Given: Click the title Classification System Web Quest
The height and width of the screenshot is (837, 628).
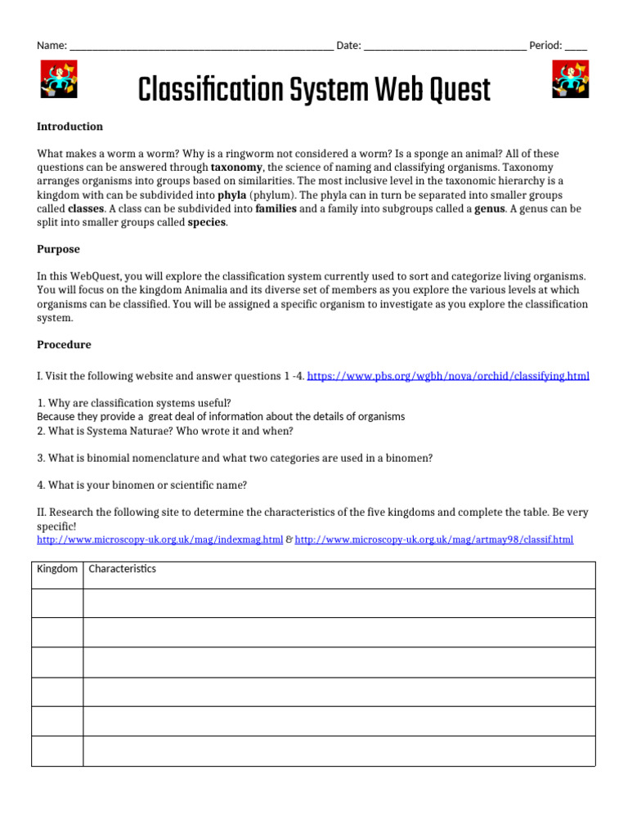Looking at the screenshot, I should [x=314, y=89].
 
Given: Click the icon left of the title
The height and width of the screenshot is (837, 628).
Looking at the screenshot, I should [x=58, y=81].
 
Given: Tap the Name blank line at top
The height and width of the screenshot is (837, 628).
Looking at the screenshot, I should [x=201, y=47].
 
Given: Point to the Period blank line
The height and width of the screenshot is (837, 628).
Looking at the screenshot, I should [x=576, y=47].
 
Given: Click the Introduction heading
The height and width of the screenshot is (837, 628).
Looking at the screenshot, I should [x=70, y=127].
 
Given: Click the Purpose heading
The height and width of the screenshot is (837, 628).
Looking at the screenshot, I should [x=58, y=249].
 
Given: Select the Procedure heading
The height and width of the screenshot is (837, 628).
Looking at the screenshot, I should [x=64, y=345].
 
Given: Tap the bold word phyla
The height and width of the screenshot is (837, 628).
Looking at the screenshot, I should [x=231, y=195].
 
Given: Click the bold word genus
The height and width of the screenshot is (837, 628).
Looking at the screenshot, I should [x=489, y=209].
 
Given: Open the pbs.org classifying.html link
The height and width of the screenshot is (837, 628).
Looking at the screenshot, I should [x=448, y=376].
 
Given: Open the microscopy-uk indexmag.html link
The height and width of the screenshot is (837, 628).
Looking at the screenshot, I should [x=160, y=539].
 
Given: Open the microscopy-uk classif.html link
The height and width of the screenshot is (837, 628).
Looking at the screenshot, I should [x=433, y=539].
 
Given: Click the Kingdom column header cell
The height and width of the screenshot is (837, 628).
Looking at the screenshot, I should [x=57, y=569].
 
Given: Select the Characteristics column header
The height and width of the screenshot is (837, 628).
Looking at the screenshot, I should [x=122, y=569].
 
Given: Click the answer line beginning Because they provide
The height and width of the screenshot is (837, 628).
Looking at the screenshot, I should [x=221, y=417].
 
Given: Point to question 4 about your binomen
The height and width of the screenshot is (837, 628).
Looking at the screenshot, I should [x=141, y=486].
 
